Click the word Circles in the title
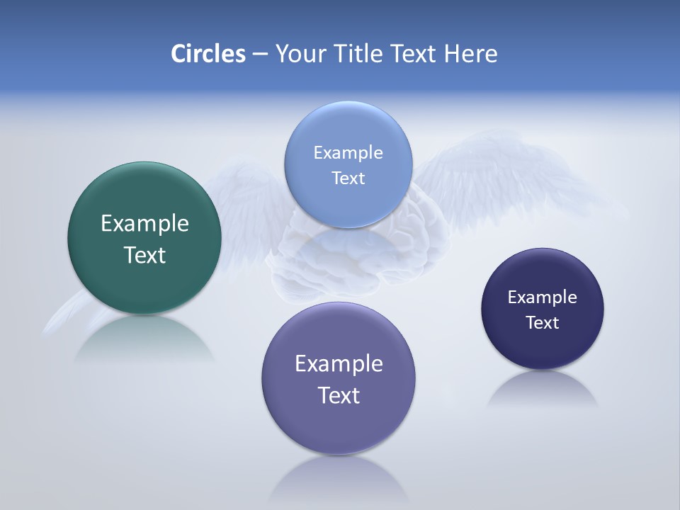(208, 54)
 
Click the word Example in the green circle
(144, 224)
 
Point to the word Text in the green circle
(144, 255)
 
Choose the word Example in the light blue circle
(348, 152)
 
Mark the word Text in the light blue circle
(348, 178)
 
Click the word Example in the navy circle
(543, 297)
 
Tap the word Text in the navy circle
(543, 322)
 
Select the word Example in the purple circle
(339, 364)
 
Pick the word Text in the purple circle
(339, 395)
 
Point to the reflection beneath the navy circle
(543, 390)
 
